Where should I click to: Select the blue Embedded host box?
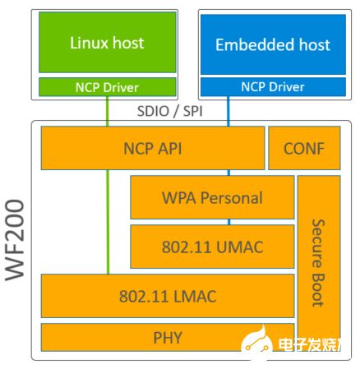(261, 44)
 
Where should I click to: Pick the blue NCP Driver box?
(261, 85)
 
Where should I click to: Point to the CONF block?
(303, 149)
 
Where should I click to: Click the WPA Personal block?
(212, 197)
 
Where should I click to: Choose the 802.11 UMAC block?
(212, 245)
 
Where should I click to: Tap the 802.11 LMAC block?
(168, 294)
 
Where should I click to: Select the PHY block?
(168, 336)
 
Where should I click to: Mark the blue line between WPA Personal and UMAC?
(229, 221)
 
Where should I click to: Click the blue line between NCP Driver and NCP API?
(229, 113)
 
